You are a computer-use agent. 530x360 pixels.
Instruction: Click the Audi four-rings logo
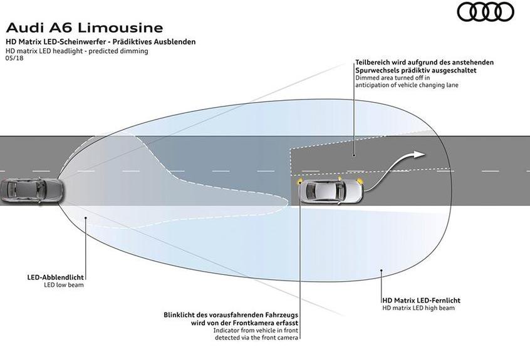[x=485, y=11]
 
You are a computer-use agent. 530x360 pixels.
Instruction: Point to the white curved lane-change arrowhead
[x=419, y=155]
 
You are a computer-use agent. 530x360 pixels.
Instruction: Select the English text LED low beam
[x=63, y=285]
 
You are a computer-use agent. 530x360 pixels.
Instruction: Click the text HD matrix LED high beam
[x=418, y=308]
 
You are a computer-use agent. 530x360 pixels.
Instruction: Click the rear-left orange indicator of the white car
[x=300, y=182]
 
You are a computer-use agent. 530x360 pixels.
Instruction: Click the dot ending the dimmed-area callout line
[x=353, y=155]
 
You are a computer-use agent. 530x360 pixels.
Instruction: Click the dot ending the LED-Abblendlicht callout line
[x=85, y=218]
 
